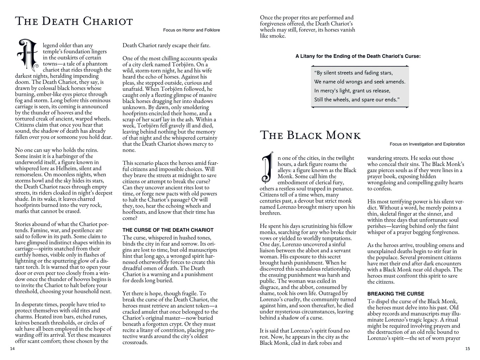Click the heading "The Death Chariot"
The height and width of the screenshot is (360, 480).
tap(74, 21)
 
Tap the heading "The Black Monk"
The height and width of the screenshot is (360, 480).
tap(310, 135)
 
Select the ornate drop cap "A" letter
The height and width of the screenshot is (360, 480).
tap(28, 55)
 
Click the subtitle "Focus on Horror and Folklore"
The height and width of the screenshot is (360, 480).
tap(191, 30)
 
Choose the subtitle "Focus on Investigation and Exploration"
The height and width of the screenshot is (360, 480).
tap(427, 144)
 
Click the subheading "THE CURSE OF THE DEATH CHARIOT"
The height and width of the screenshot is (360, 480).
tap(168, 230)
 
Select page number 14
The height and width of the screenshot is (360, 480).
tap(13, 349)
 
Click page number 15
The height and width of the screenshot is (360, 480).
tap(467, 349)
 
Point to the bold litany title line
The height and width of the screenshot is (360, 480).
tap(358, 56)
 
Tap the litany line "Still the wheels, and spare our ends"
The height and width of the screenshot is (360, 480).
tap(356, 100)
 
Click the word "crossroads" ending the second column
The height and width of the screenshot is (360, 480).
tap(135, 342)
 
